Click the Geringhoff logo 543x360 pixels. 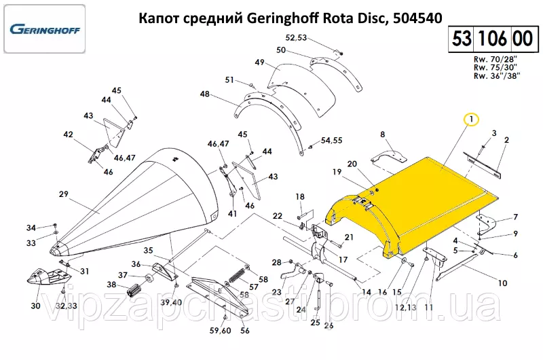pos(45,29)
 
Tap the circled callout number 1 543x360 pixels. pos(471,120)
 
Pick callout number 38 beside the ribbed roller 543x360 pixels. pos(111,285)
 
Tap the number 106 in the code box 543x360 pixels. pos(493,38)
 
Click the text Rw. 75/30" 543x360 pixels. pos(495,67)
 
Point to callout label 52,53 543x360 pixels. pos(296,37)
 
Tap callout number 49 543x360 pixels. pos(259,62)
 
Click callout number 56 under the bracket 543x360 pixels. pos(245,331)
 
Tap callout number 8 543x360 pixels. pos(382,134)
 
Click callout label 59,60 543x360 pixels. pos(220,331)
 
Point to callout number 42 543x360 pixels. pos(69,134)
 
